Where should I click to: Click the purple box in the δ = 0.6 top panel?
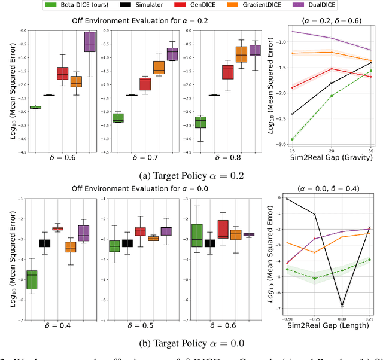(x=90, y=42)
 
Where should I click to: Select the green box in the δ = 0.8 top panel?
(x=200, y=122)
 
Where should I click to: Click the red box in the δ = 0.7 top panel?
(x=145, y=84)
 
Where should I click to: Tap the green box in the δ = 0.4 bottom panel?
(x=32, y=279)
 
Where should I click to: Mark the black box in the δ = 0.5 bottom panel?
(x=127, y=243)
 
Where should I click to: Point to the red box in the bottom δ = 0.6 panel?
(x=223, y=229)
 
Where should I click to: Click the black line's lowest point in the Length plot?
(x=342, y=305)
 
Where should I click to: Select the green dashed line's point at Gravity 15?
(x=293, y=139)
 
